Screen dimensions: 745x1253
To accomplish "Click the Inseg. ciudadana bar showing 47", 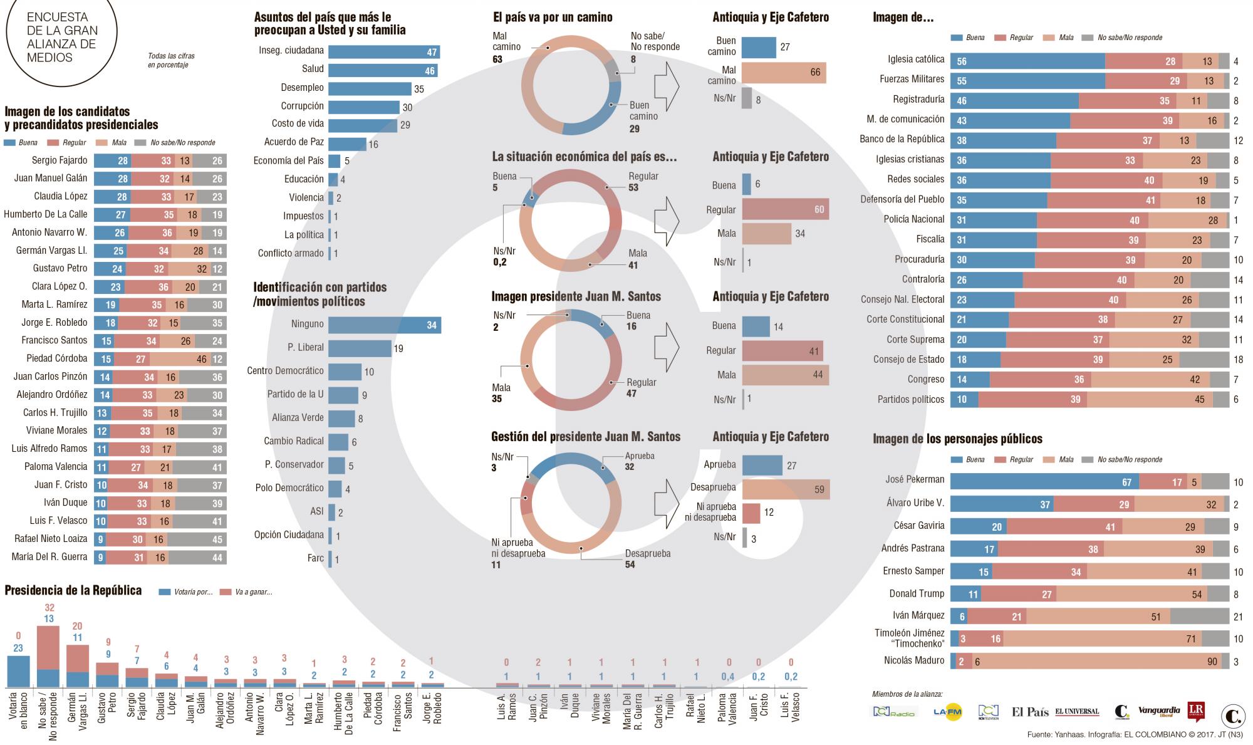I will [383, 52].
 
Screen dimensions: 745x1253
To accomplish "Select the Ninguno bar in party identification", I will [384, 325].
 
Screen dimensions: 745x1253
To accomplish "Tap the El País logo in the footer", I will [1030, 712].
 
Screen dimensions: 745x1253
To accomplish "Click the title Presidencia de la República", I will [73, 590].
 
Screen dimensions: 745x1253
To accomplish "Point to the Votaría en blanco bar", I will [19, 671].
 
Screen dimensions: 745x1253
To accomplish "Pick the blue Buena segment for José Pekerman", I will [1044, 481].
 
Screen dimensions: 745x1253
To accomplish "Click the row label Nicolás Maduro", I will [914, 660].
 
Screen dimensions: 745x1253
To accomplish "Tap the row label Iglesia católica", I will [916, 60].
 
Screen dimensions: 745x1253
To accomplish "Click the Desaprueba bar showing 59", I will [786, 489].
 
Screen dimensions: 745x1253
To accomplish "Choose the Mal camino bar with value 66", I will [784, 72].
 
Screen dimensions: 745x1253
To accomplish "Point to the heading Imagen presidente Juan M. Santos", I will [576, 296].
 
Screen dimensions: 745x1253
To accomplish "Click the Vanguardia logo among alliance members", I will [1158, 712].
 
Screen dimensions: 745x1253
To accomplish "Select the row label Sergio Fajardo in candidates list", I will [60, 160].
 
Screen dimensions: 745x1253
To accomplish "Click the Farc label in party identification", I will [315, 558].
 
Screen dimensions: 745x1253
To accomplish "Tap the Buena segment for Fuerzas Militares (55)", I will [1027, 81].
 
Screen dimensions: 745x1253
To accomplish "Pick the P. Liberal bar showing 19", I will [360, 348].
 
